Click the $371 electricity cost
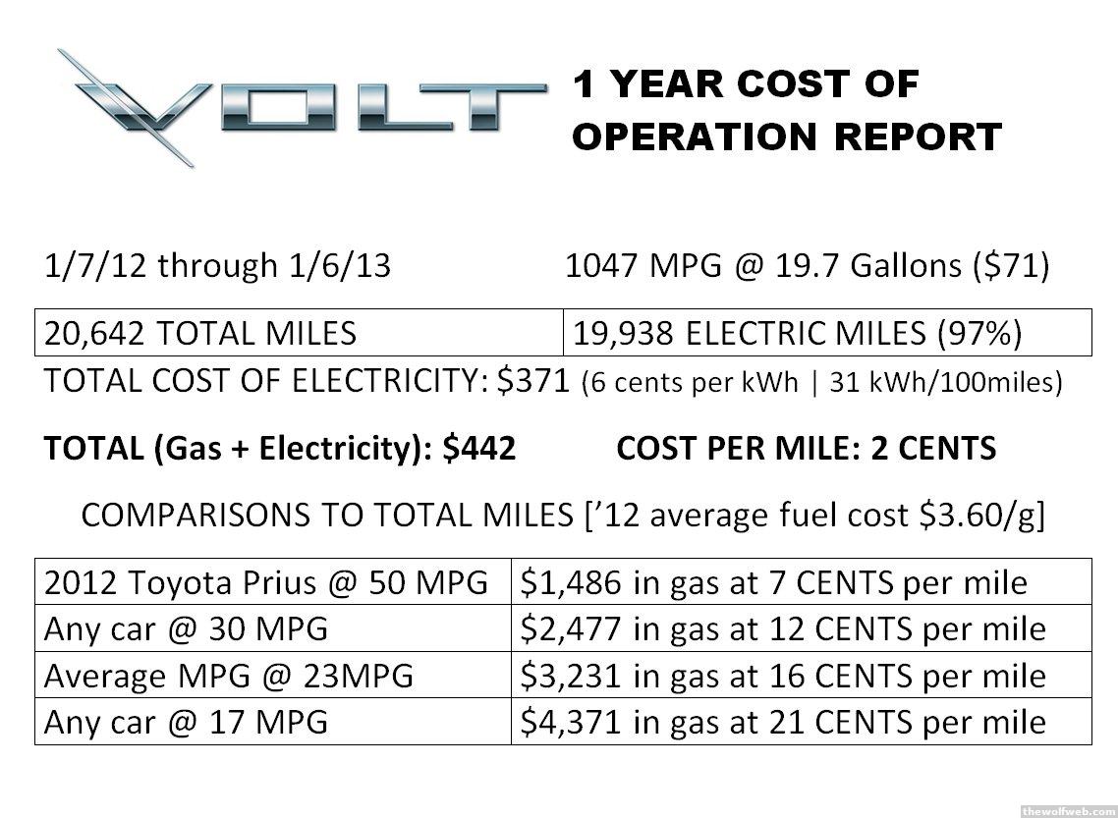point(537,381)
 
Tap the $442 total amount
point(478,449)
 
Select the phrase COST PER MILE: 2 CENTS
point(806,449)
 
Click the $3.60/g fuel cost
point(983,516)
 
